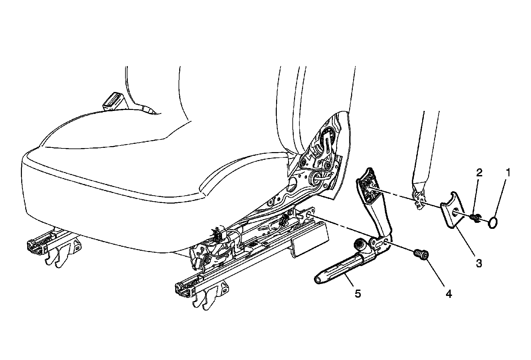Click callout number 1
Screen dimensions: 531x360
[508, 173]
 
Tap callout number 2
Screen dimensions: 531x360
[479, 173]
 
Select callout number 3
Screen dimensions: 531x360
[479, 263]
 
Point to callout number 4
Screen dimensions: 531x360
[448, 294]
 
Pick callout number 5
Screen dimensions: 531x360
[357, 294]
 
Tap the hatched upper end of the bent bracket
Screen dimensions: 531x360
[367, 188]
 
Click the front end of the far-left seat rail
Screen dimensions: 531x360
[33, 245]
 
